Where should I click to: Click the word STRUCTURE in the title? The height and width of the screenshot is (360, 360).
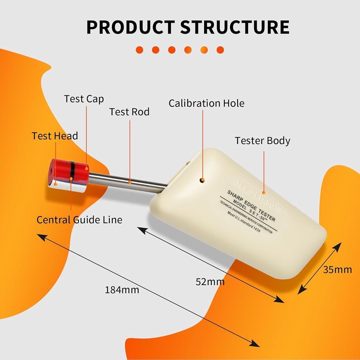tap(235, 27)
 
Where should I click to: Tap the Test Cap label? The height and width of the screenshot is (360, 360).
tap(84, 99)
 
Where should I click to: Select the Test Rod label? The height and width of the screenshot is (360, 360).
tap(129, 112)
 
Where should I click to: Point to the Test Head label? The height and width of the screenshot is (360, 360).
tap(55, 136)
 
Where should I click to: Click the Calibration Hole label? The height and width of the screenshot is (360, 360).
tap(206, 103)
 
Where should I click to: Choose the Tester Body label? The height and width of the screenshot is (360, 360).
tap(262, 140)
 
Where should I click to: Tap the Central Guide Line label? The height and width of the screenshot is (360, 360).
tap(79, 219)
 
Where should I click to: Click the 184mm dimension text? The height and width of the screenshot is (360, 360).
tap(122, 289)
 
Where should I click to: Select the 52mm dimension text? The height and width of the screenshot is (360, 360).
tap(210, 282)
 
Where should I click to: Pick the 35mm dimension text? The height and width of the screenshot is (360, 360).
tap(338, 269)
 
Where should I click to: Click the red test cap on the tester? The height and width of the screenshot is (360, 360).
tap(68, 169)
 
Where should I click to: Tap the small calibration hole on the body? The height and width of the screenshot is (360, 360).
tap(202, 180)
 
